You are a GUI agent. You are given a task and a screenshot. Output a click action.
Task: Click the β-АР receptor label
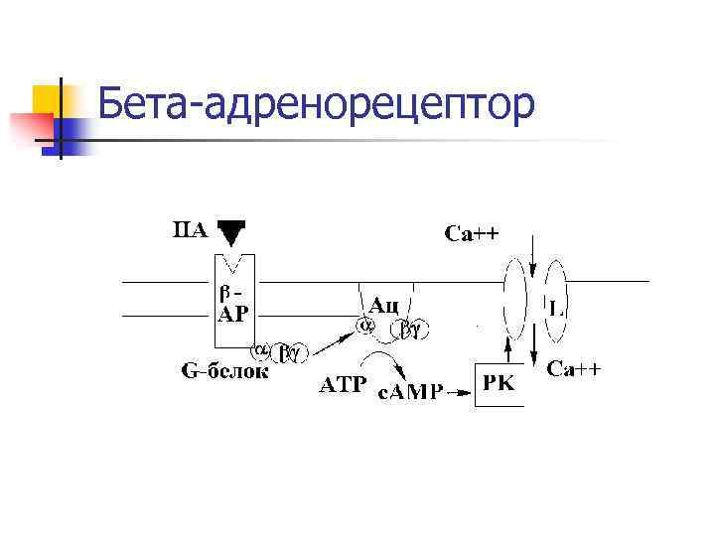(233, 301)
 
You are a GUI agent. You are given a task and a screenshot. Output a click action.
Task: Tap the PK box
(499, 383)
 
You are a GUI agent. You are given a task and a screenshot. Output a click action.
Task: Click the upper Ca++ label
(472, 234)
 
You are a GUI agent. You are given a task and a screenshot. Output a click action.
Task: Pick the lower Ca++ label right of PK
(574, 370)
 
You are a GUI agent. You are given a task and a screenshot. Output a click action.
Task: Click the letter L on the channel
(557, 309)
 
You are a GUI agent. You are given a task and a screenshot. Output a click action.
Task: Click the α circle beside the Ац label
(364, 325)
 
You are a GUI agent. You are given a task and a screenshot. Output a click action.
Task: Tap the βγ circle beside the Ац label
(409, 326)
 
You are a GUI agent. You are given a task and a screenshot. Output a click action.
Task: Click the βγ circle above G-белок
(291, 350)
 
